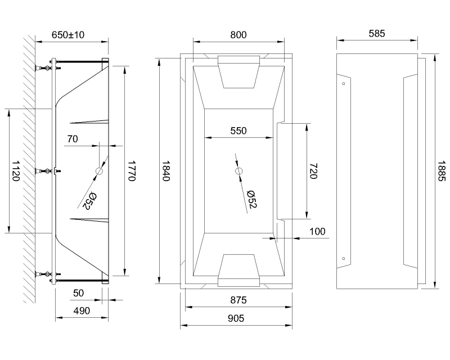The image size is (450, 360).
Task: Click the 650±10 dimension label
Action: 68,35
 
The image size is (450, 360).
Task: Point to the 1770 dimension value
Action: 131,170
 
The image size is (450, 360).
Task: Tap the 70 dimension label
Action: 72,138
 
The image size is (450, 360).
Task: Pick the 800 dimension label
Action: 238,35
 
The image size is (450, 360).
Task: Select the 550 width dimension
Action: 238,130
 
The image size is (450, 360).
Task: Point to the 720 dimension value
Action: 313,170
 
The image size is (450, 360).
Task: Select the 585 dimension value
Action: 377,33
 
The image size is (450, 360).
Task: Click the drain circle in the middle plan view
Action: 238,170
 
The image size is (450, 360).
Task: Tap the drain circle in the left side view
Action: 100,171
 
